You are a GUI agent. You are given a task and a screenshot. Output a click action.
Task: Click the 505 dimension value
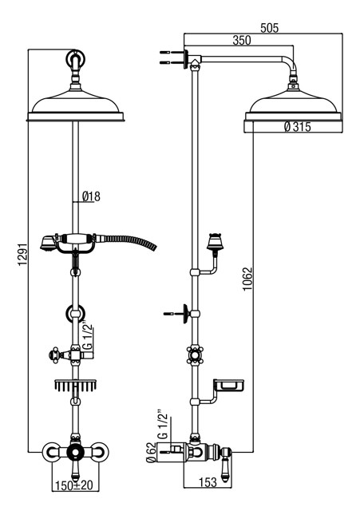[x=270, y=28]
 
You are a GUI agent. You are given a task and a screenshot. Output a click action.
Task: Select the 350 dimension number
[x=242, y=41]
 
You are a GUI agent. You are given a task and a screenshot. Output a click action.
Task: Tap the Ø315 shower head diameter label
[x=297, y=126]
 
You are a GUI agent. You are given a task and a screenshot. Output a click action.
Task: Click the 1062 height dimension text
[x=247, y=279]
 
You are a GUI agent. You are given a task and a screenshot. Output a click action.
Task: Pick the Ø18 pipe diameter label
[x=91, y=196]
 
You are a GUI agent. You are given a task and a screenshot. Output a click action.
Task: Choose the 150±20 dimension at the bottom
[x=74, y=485]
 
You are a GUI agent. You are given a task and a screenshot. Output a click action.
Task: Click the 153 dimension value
[x=208, y=481]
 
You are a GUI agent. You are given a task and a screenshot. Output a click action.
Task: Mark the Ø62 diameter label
[x=150, y=453]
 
